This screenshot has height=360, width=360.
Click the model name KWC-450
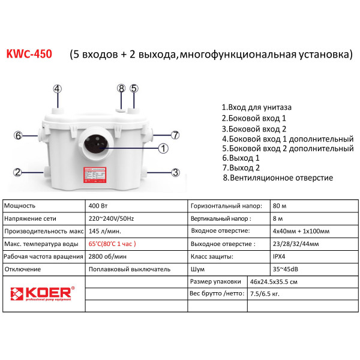tap(29, 55)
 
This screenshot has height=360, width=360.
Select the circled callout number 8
tap(121, 88)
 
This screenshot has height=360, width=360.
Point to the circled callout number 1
tap(163, 148)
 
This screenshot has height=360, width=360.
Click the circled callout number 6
tap(18, 135)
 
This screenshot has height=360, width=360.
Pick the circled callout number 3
tap(176, 173)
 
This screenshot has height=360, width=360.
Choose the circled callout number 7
tap(175, 135)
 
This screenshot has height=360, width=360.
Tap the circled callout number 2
tap(18, 173)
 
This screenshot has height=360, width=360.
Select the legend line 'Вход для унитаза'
tap(257, 107)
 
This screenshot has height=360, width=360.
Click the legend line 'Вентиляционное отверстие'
tap(278, 178)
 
